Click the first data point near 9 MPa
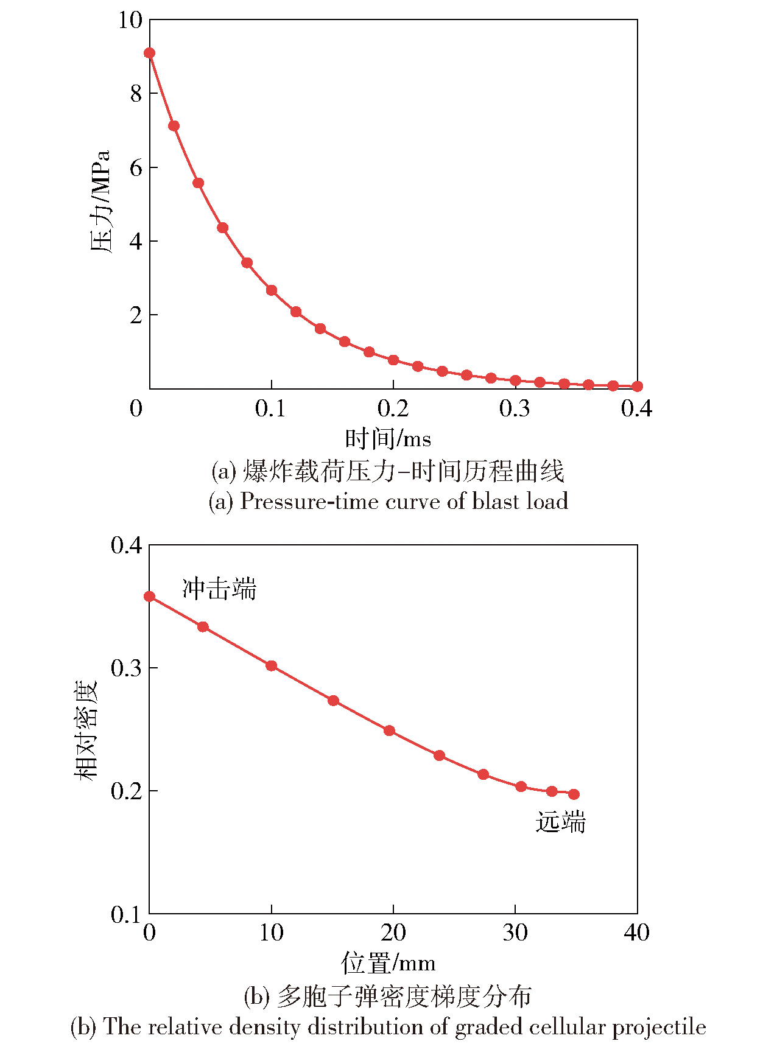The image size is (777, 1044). coord(149,53)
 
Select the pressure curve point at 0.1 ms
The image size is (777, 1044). coord(272,290)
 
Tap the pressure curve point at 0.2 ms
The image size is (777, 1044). coord(393,360)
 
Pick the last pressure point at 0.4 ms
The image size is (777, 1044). coord(637,386)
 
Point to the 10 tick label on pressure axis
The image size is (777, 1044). coord(130,20)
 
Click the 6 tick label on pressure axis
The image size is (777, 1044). coord(135,167)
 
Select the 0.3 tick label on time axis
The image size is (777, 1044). coord(515,408)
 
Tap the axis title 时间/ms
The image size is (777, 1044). coord(388,438)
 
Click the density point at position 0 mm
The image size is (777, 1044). coord(149,597)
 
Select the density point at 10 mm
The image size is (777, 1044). coord(272,666)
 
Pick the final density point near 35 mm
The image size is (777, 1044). coord(574,794)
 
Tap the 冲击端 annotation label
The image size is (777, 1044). coord(219,589)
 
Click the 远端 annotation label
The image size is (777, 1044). coord(560,822)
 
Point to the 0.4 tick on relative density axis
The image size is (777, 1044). coord(126,545)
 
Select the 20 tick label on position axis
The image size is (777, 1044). coord(393,933)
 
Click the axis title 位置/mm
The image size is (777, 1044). coord(388,963)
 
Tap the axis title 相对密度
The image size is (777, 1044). coord(86,730)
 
